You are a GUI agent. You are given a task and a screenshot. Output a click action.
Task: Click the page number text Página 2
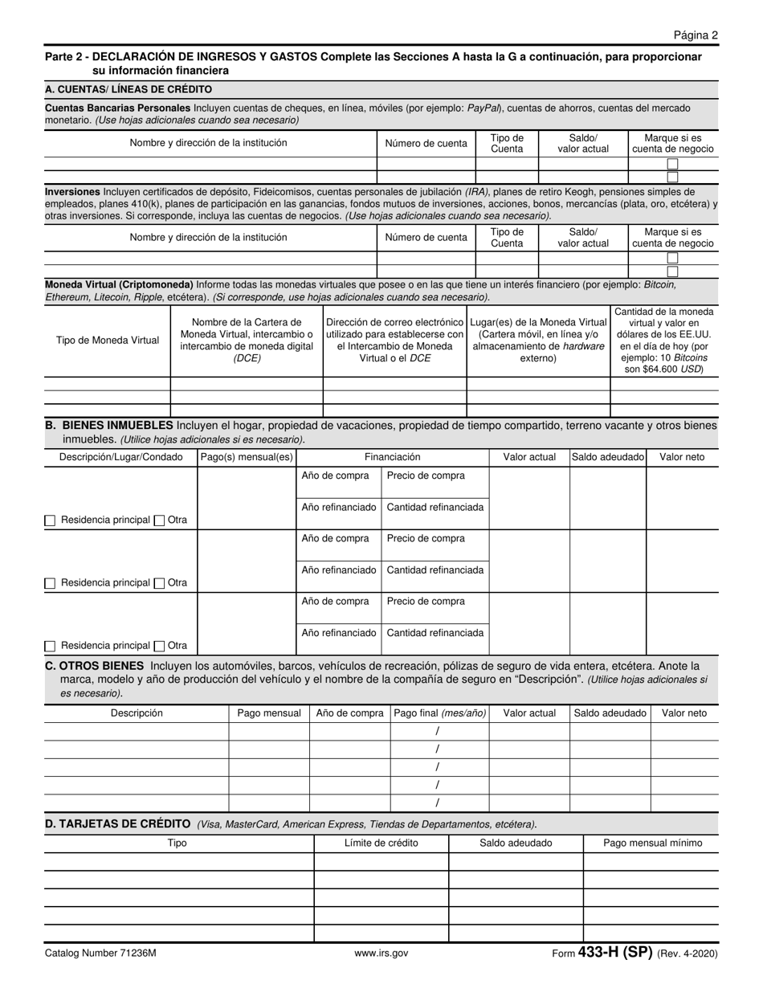tap(696, 35)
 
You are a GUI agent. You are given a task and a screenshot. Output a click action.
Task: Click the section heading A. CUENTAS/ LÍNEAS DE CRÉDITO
tap(129, 89)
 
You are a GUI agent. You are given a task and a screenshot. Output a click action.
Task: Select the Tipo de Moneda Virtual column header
tap(108, 341)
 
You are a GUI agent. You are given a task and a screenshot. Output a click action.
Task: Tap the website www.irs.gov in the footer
tap(381, 953)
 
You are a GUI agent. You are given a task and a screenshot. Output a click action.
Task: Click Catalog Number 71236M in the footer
tap(100, 953)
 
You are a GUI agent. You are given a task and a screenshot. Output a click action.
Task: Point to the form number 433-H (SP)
tap(614, 953)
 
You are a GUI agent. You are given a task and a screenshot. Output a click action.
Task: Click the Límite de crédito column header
tap(381, 843)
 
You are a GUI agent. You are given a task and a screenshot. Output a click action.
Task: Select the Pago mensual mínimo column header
tap(652, 843)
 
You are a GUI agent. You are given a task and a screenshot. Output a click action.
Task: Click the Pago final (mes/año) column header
tap(439, 713)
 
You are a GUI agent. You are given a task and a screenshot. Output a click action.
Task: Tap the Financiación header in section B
tap(392, 457)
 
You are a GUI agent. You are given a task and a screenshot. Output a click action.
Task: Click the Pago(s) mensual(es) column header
tap(247, 457)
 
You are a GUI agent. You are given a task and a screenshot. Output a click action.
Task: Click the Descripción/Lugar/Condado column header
tap(120, 457)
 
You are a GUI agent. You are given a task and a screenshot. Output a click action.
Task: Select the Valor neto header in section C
tap(684, 713)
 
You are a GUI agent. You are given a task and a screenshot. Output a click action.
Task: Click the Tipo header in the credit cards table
tap(177, 843)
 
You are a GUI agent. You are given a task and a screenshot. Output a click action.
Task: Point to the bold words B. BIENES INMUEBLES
tap(110, 426)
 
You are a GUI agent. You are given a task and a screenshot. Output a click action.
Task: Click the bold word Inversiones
tap(72, 192)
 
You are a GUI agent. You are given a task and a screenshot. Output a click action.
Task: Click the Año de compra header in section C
tap(349, 713)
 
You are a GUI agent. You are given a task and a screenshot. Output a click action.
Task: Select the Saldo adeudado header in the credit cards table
tap(516, 843)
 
